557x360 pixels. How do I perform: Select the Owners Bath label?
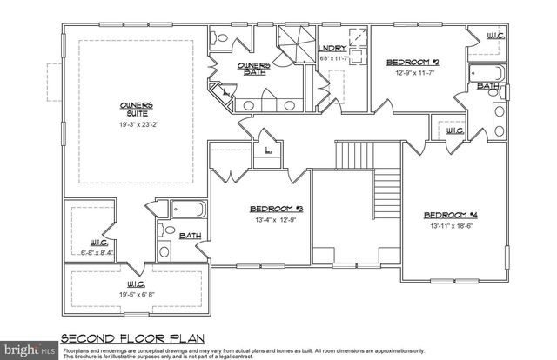pyautogui.click(x=254, y=67)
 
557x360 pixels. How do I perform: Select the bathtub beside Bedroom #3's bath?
pyautogui.click(x=187, y=209)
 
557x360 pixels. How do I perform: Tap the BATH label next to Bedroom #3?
pyautogui.click(x=190, y=235)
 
